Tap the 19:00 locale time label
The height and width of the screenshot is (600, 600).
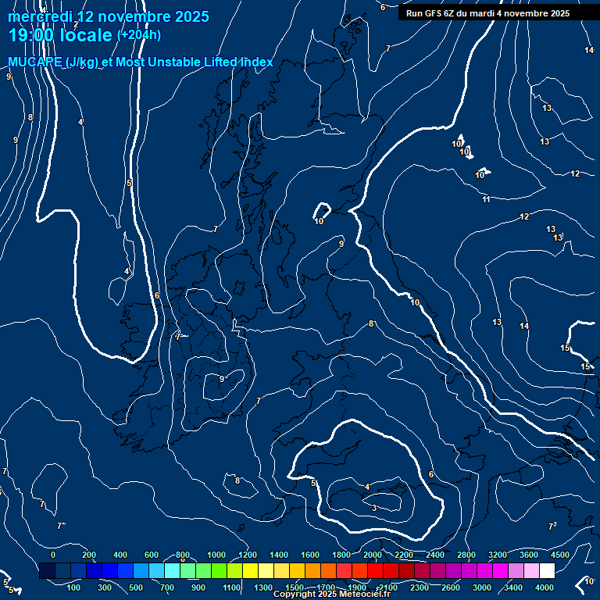point(61,35)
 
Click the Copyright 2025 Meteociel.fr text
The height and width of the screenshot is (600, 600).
point(331,595)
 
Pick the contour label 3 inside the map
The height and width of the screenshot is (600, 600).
point(374,509)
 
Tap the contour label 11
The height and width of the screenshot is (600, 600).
point(486,200)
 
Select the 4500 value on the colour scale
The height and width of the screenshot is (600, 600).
point(560,555)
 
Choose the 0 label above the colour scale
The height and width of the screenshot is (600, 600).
point(53,555)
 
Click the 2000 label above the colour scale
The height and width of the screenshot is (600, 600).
point(373,555)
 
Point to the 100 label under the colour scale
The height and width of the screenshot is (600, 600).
point(74,587)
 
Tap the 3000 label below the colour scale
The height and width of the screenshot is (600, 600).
point(481,587)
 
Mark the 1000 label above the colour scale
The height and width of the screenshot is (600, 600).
point(216,555)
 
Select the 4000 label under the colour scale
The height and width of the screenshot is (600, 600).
point(545,587)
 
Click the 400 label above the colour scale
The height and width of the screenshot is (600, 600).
point(120,555)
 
